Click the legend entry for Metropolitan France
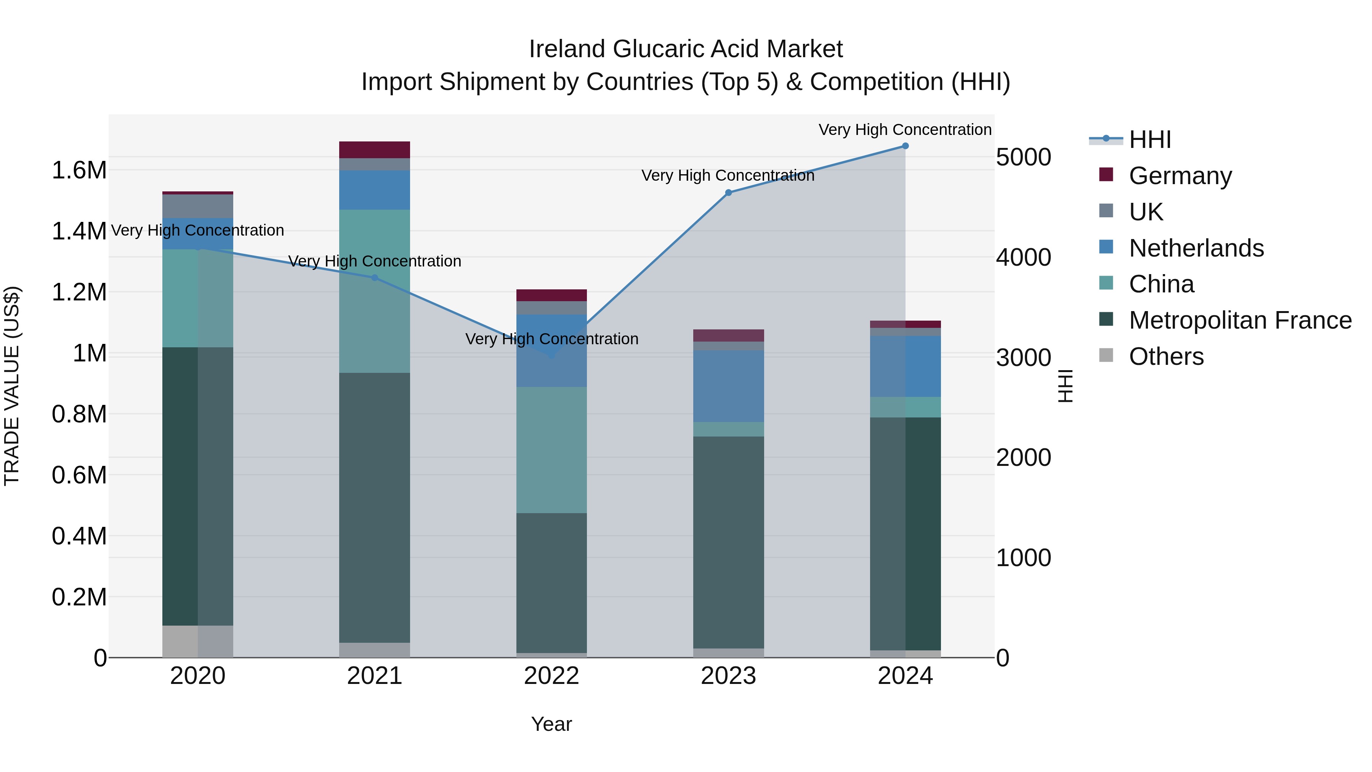point(1239,320)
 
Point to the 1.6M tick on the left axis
point(79,170)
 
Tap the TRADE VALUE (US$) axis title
point(12,386)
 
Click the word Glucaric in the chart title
point(704,49)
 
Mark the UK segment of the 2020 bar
point(197,206)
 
